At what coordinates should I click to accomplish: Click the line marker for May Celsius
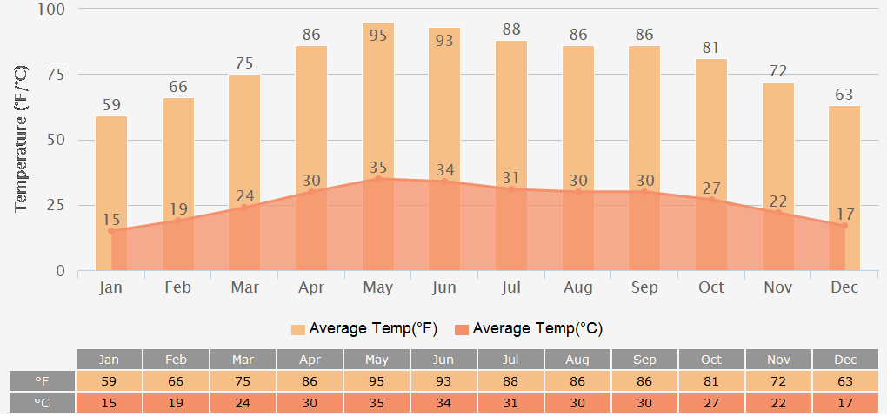tap(378, 178)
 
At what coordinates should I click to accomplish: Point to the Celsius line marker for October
tap(711, 199)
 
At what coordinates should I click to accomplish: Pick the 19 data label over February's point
tap(177, 209)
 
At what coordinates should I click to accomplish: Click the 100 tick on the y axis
tap(53, 10)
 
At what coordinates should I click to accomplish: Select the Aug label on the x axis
tap(578, 287)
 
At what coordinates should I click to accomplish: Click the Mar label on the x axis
tap(244, 287)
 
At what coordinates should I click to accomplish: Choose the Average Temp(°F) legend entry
tap(364, 329)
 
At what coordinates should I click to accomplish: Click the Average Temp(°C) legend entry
tap(528, 329)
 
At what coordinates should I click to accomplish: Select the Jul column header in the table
tap(510, 360)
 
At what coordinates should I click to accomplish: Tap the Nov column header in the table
tap(778, 360)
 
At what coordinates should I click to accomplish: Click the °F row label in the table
tap(42, 381)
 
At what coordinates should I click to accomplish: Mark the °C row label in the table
tap(42, 403)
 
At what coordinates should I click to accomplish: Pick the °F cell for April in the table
tap(310, 381)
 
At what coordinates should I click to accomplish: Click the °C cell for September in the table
tap(644, 403)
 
